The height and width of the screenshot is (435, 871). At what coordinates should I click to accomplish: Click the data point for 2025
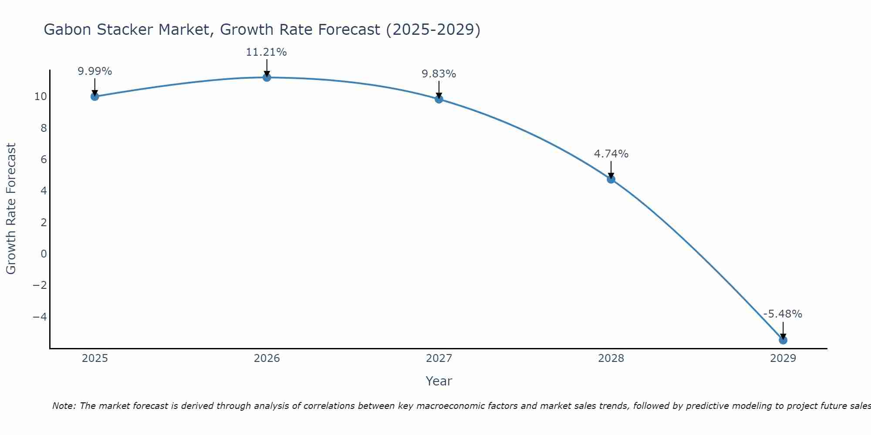95,97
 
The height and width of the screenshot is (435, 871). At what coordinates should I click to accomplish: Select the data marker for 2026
267,77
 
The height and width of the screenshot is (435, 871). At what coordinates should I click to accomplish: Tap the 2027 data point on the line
439,99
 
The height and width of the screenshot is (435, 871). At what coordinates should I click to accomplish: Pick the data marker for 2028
611,179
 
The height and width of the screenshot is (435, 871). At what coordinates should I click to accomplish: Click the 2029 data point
783,340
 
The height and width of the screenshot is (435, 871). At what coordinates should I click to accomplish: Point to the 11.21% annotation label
267,52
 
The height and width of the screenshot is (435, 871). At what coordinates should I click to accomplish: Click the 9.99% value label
95,71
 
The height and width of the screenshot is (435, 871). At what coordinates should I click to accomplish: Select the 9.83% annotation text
439,74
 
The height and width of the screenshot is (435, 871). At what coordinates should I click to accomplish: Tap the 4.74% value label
611,154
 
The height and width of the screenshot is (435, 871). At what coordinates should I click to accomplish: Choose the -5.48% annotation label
783,314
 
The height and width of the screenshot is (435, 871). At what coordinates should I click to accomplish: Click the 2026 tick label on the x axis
267,358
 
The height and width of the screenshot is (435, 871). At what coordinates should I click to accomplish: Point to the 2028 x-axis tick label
611,358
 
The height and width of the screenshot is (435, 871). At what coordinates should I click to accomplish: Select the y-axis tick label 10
41,97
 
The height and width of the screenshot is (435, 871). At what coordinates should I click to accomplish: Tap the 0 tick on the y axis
44,254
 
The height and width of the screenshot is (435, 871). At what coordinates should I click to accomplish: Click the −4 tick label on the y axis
40,317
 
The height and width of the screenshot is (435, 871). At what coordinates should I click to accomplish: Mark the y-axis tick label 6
44,159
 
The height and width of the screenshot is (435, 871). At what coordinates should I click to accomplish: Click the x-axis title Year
439,381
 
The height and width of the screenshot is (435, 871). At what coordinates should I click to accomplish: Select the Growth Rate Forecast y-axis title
11,209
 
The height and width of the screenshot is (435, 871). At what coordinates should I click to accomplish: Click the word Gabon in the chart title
68,30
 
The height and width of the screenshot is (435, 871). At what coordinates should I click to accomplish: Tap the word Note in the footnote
64,406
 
